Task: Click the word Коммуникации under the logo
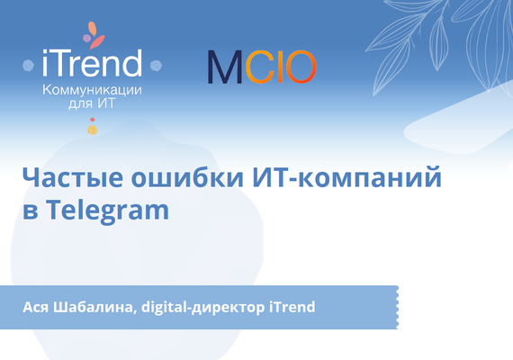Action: click(x=93, y=90)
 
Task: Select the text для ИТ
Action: click(x=93, y=104)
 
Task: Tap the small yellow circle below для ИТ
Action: click(x=92, y=131)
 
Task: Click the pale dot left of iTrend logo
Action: click(x=31, y=66)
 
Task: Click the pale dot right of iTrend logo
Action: click(x=155, y=66)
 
